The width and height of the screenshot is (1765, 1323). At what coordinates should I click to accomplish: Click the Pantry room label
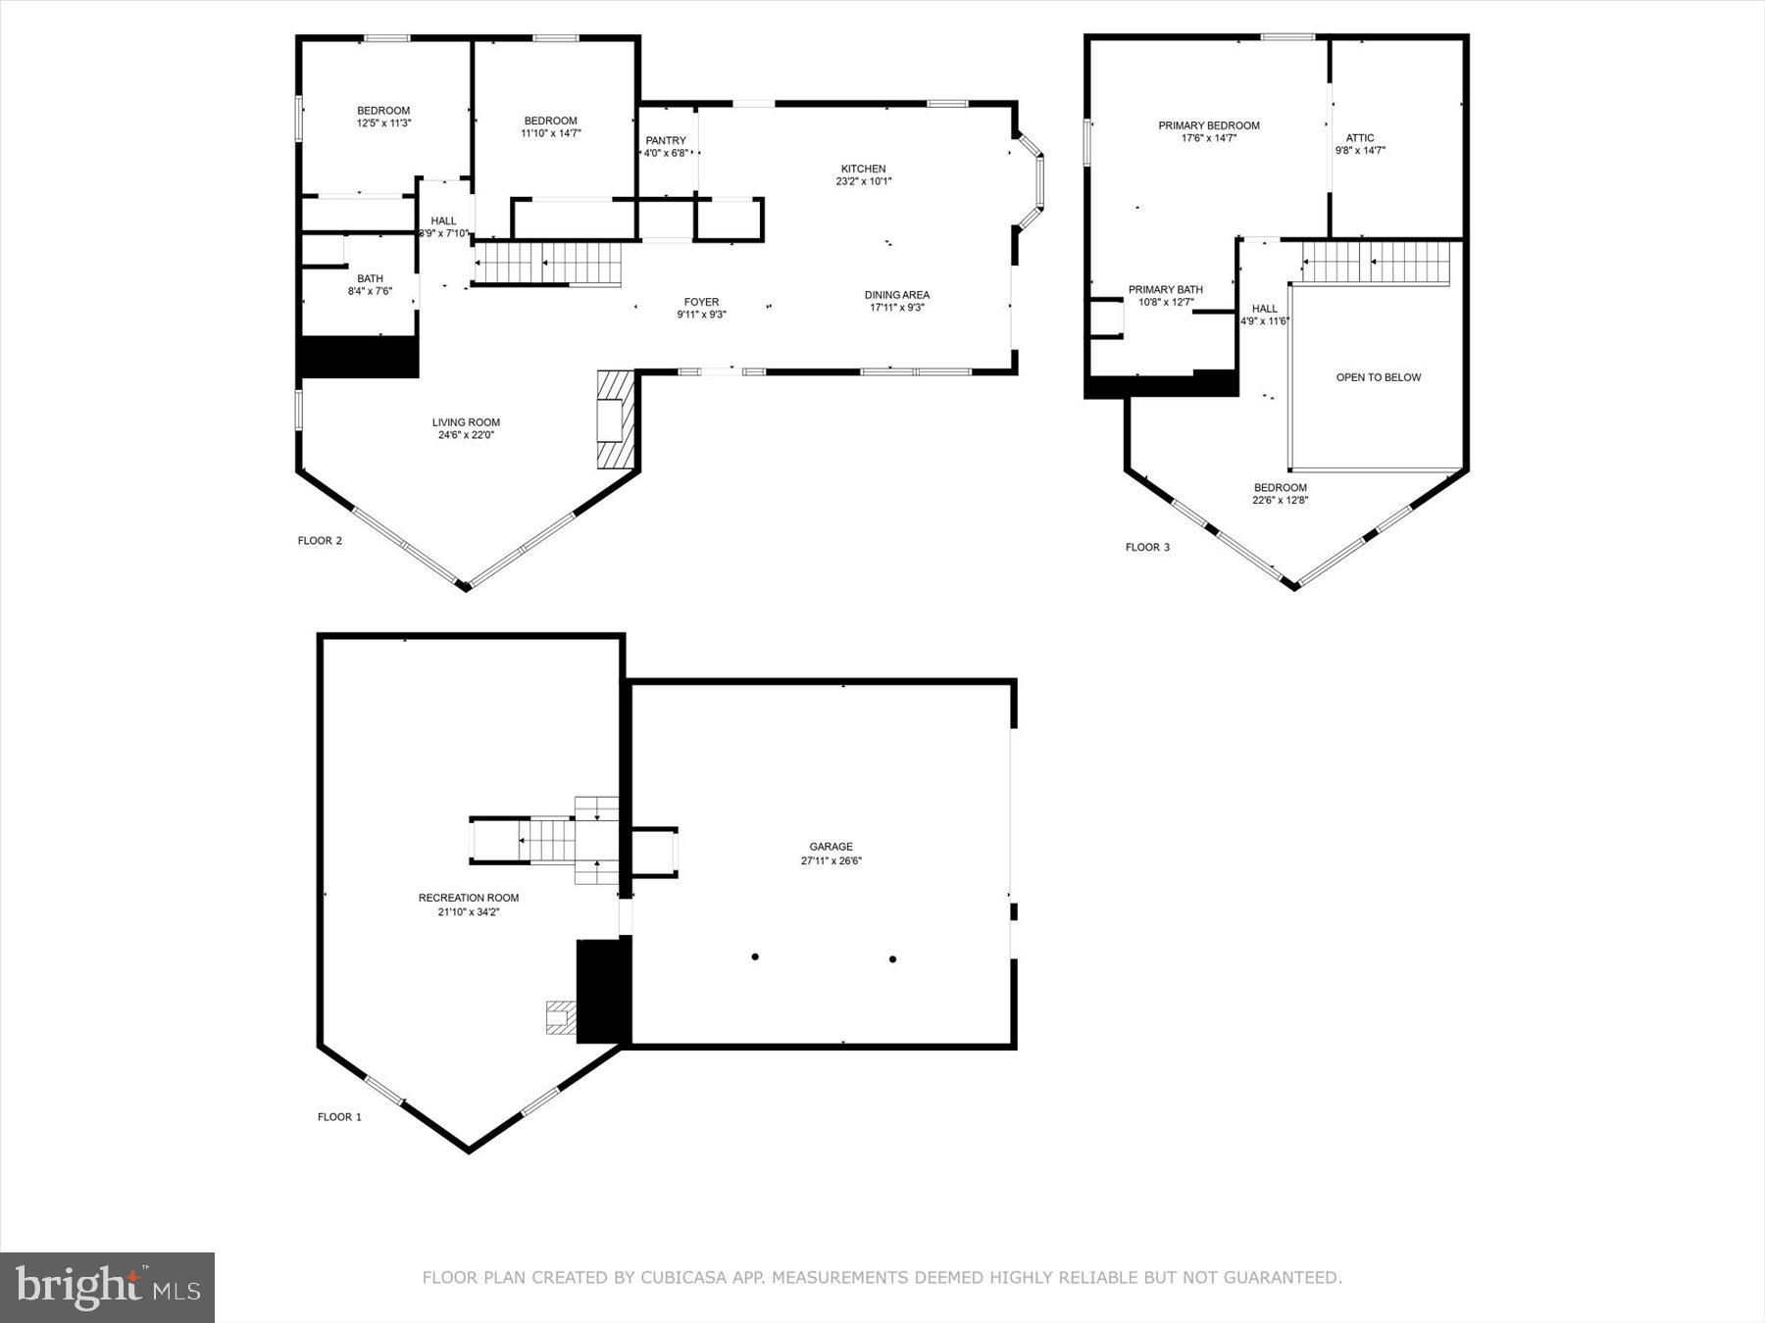tap(666, 141)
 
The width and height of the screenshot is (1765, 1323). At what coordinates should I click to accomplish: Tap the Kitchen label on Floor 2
tap(863, 170)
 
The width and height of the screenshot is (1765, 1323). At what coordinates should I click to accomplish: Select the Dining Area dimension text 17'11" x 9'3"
tap(896, 308)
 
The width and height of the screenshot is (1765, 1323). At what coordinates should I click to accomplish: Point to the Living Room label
tap(466, 423)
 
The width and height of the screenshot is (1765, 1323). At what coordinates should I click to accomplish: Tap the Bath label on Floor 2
tap(370, 279)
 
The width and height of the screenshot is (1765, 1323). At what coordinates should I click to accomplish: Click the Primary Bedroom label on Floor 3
tap(1208, 125)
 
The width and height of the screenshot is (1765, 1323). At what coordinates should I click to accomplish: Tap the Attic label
tap(1359, 138)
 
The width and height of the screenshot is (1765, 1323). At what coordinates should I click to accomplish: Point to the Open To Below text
tap(1378, 377)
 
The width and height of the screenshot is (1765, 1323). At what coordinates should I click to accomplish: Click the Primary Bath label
tap(1165, 290)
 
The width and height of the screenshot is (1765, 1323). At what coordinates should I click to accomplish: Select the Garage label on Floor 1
tap(831, 847)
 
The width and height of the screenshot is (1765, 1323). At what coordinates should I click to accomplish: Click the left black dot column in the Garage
tap(755, 956)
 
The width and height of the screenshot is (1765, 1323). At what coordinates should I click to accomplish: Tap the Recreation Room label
tap(468, 898)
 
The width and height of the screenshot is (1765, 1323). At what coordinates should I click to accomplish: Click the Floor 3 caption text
tap(1146, 547)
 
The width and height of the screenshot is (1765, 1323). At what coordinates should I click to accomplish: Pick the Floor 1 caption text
tap(339, 1116)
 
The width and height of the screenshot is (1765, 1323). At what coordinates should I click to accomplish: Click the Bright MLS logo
tap(107, 1287)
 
